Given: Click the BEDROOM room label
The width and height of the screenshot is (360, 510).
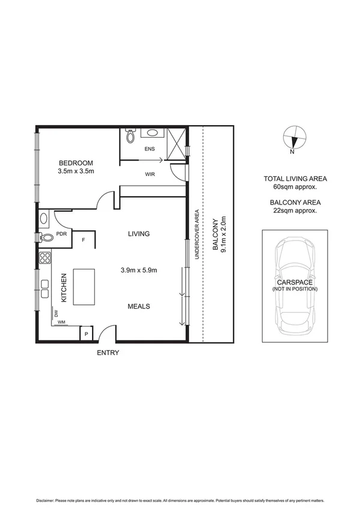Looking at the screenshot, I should [76, 163].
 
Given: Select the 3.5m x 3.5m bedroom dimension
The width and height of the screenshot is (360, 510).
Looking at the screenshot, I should [76, 171].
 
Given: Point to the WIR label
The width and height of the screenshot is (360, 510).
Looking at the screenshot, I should [151, 174].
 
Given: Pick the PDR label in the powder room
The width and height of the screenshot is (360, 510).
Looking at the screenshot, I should [61, 234].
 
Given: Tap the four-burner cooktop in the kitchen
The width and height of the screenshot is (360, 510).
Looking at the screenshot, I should [44, 259].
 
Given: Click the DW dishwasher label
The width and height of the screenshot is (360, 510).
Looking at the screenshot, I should [55, 314].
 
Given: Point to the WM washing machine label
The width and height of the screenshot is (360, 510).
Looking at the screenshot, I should [61, 322].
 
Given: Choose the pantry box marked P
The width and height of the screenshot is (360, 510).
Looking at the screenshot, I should [86, 333].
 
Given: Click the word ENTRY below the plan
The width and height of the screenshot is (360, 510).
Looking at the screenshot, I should [108, 353].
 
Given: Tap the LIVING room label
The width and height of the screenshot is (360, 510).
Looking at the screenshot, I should [138, 234].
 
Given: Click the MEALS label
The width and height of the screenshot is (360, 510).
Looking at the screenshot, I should [138, 306].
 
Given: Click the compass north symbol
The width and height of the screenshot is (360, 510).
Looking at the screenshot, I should [294, 139].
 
